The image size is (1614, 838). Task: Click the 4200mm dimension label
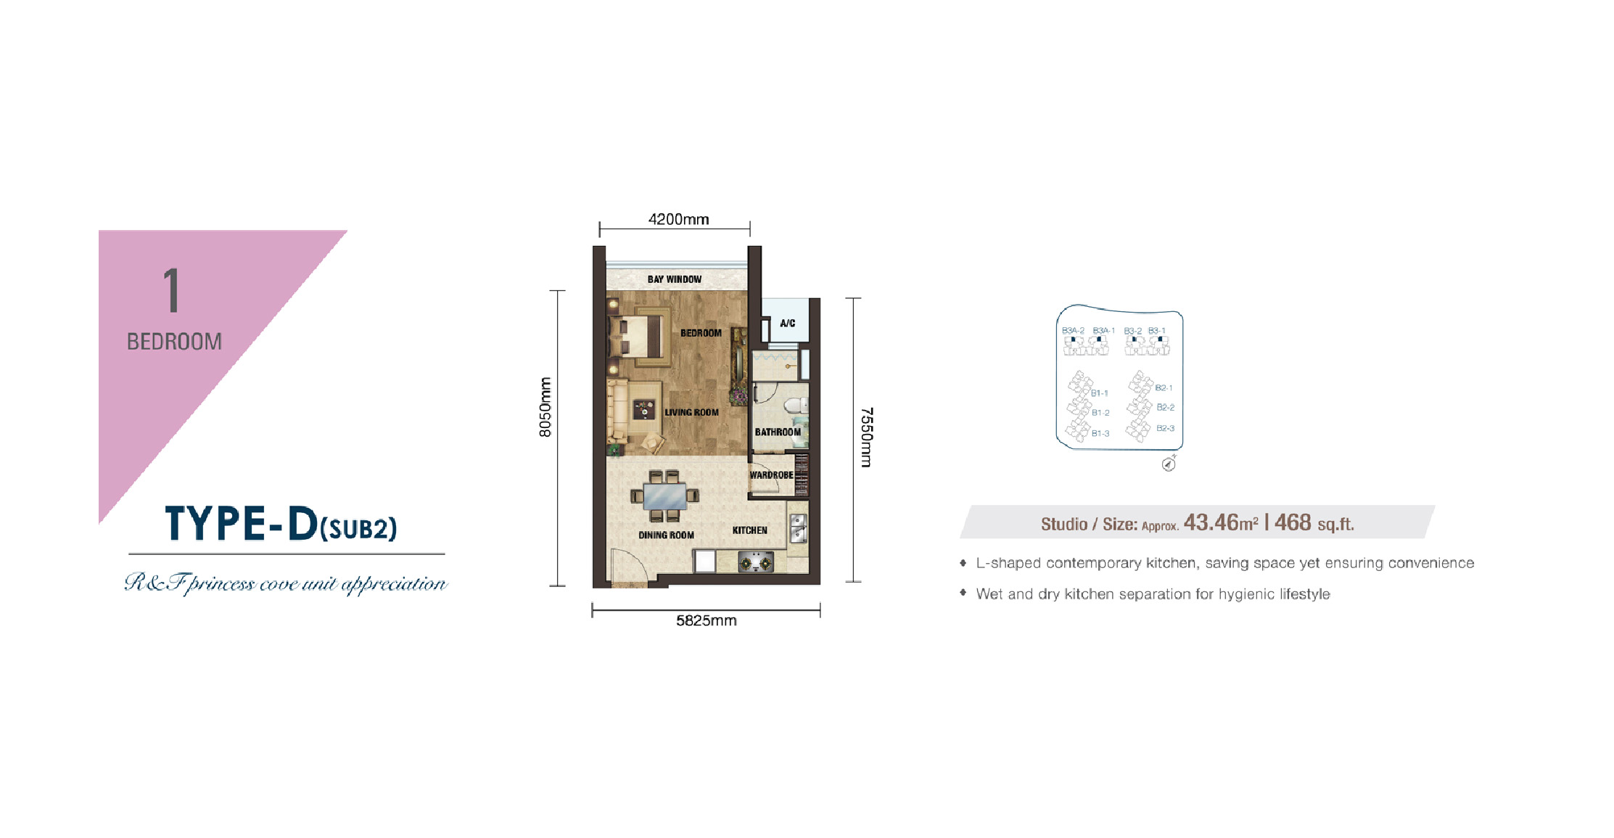click(678, 219)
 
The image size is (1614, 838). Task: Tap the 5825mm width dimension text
click(706, 620)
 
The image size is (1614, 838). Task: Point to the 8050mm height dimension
click(545, 407)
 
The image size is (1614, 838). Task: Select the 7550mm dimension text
click(866, 437)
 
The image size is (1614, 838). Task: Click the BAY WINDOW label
click(674, 279)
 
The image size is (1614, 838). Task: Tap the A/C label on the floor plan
click(787, 324)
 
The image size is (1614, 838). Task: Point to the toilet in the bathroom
click(796, 406)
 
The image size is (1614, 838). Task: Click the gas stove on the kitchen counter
click(755, 562)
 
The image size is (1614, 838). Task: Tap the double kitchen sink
click(797, 528)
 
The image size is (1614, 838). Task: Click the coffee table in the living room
click(643, 410)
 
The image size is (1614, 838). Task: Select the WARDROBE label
click(771, 475)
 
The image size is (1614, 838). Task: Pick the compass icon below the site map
click(1168, 464)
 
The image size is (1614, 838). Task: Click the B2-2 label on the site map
click(1166, 408)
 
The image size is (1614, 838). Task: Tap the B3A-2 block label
click(1073, 331)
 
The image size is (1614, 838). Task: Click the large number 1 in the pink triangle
click(171, 290)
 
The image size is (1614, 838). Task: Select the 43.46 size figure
click(1211, 522)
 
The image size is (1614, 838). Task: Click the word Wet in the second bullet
click(989, 594)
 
